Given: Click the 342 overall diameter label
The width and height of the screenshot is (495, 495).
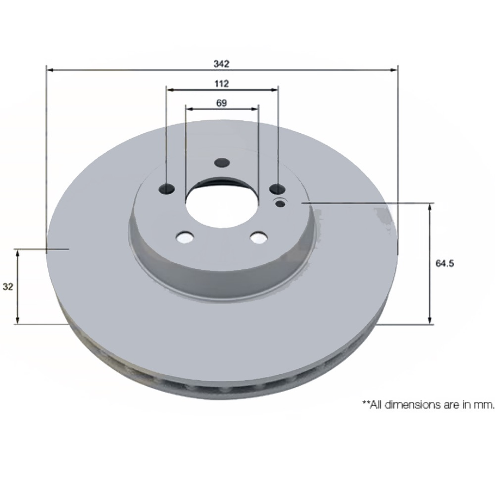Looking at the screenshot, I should pos(221,64).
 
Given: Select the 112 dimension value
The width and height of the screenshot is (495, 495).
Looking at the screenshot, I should pos(221,83).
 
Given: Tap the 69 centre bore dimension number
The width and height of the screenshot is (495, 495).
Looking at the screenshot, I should pos(221,102).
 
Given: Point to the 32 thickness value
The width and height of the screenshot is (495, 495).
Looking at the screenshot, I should pos(8,286).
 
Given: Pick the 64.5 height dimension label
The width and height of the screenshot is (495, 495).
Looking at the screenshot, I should pos(445,263).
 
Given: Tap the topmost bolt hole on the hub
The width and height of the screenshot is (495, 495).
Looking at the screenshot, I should pos(222,163).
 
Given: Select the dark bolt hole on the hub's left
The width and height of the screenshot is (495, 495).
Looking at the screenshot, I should pos(167,189).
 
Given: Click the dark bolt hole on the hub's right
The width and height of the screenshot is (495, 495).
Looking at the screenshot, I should pos(277,189).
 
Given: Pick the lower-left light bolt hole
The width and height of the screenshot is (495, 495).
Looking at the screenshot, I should pos(185,237).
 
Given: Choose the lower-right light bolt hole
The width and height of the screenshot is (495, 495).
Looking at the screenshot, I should pos(258,237).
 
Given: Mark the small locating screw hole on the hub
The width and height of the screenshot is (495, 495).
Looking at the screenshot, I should pos(281,203).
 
